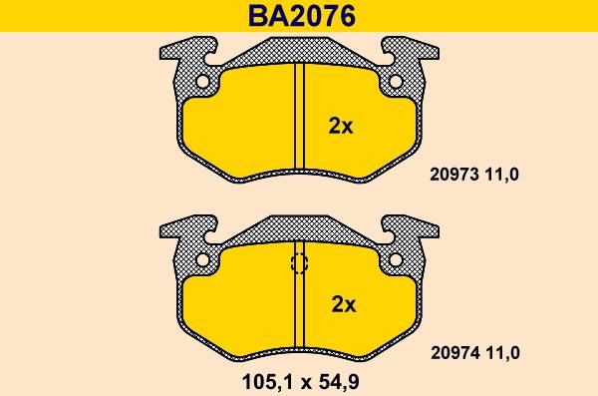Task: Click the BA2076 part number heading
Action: point(301,16)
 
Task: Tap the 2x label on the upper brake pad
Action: point(341,126)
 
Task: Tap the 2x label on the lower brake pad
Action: point(344,304)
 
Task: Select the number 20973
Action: point(454,175)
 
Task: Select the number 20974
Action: point(455,353)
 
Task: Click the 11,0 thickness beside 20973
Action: point(502,175)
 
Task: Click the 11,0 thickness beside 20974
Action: point(502,353)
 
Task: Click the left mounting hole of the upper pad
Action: point(202,82)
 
